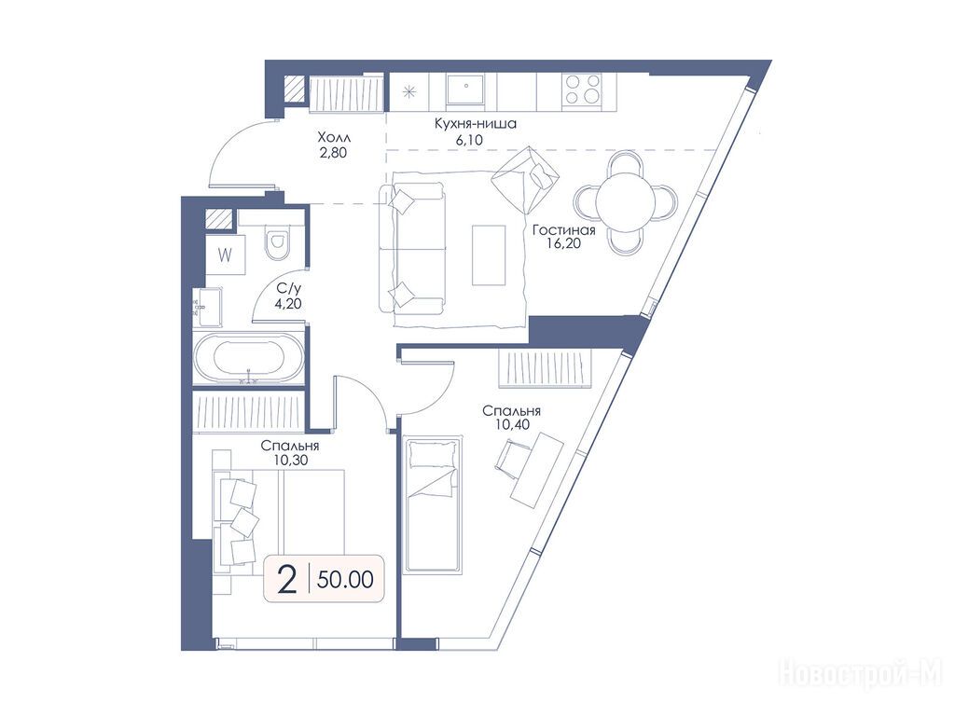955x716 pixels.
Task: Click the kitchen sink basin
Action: tap(465, 90)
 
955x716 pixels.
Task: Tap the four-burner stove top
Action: tap(582, 89)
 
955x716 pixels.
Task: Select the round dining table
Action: tap(626, 202)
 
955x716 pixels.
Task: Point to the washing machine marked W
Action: tap(226, 255)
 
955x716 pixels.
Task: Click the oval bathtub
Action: tap(248, 359)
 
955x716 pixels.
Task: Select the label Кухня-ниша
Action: tap(475, 124)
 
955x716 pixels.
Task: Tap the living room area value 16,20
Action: tap(564, 243)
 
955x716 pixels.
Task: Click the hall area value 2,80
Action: tap(333, 152)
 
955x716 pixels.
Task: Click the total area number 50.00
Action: tap(345, 580)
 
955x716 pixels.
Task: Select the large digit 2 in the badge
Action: tap(286, 579)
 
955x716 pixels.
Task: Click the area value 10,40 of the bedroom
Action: tap(512, 425)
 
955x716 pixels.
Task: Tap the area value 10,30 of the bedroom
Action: tap(291, 461)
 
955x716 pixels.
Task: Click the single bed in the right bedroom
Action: tap(433, 504)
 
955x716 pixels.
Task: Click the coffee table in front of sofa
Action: tap(489, 255)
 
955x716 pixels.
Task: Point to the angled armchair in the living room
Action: tap(525, 179)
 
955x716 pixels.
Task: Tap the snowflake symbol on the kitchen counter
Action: tap(408, 92)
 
